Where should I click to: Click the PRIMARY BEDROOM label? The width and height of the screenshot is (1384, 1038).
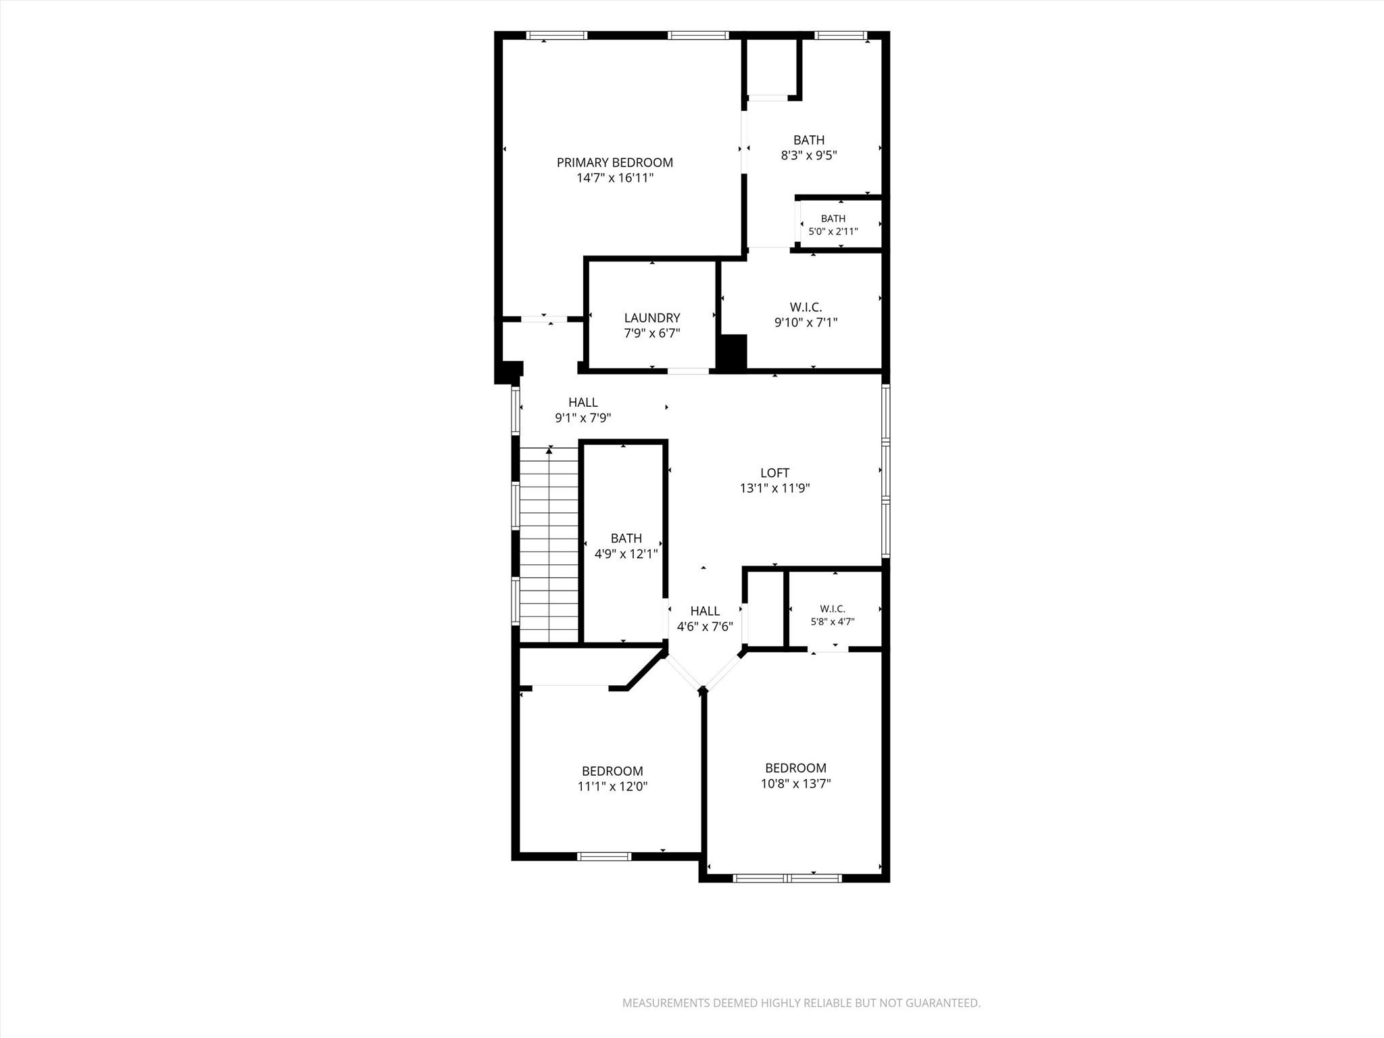tap(614, 163)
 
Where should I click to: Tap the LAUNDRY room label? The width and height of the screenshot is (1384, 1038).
tap(652, 318)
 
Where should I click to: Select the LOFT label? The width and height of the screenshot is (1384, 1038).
tap(774, 473)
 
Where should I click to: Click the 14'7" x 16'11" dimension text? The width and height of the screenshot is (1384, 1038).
tap(615, 178)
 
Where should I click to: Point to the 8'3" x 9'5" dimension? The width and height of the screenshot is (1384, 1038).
tap(809, 155)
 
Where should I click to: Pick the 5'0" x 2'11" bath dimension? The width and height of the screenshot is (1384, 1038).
tap(833, 231)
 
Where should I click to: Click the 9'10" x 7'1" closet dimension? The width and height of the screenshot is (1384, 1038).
tap(806, 322)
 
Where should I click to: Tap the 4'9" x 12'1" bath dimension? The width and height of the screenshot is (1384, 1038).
tap(626, 554)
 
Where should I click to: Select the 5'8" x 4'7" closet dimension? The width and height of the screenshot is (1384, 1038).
tap(833, 622)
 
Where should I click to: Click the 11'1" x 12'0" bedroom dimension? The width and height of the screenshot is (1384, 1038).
tap(613, 787)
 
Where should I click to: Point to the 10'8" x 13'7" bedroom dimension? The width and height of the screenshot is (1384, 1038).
tap(795, 784)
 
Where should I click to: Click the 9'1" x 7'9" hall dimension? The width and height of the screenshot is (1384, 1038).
tap(583, 418)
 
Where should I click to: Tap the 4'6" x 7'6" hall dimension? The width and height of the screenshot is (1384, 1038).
tap(705, 626)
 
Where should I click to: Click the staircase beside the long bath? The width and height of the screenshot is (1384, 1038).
tap(549, 545)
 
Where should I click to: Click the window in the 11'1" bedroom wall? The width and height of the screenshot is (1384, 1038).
tap(605, 856)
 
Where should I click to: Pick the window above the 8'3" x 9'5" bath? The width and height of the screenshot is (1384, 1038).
tap(841, 35)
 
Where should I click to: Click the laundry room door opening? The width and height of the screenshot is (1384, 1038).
tap(688, 370)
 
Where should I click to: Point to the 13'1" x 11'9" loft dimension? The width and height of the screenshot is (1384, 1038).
tap(774, 489)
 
